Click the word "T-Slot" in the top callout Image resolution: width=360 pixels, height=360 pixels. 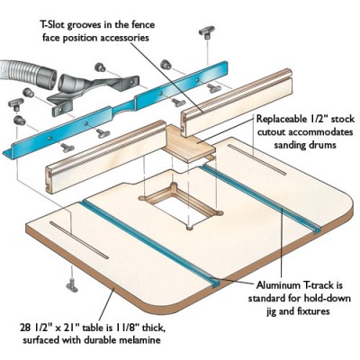pyautogui.click(x=52, y=24)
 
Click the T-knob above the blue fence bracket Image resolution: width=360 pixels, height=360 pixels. pyautogui.click(x=207, y=33)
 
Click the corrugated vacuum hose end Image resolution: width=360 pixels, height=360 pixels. pyautogui.click(x=28, y=74)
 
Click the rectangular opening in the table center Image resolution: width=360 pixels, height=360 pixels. pyautogui.click(x=179, y=207)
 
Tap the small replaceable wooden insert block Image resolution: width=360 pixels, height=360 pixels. pyautogui.click(x=188, y=141)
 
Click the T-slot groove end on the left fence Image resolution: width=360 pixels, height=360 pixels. pyautogui.click(x=48, y=180)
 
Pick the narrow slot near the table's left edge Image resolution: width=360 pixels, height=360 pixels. pyautogui.click(x=78, y=240)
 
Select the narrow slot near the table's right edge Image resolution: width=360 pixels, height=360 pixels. pyautogui.click(x=256, y=159)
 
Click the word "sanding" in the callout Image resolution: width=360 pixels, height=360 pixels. pyautogui.click(x=291, y=146)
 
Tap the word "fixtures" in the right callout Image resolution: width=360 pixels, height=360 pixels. pyautogui.click(x=312, y=310)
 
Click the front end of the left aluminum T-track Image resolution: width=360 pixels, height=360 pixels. pyautogui.click(x=215, y=283)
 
